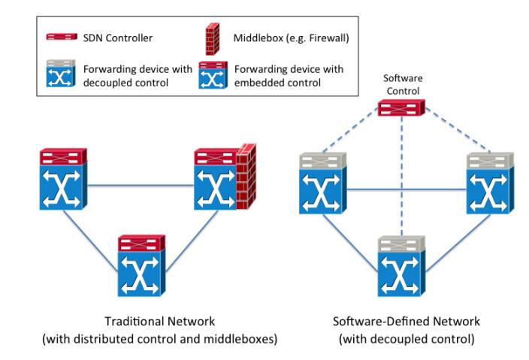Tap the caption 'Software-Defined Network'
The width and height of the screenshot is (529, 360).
[406, 321]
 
